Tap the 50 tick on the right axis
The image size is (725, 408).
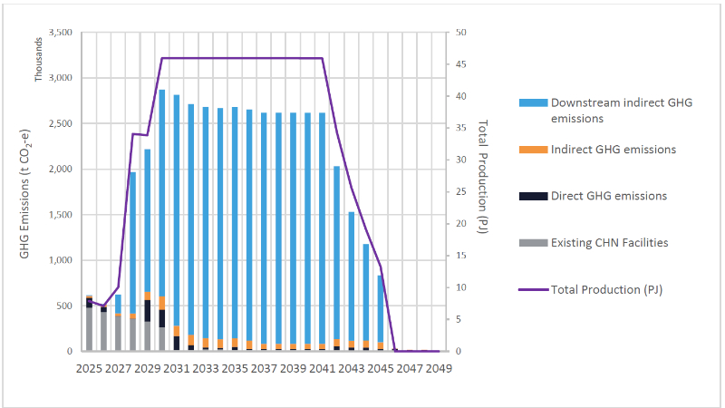(460, 33)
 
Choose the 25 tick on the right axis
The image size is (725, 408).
(460, 192)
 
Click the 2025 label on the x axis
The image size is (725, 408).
(89, 369)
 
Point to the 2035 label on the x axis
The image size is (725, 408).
(235, 369)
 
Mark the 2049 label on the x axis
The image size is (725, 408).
(438, 369)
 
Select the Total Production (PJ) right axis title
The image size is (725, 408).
(483, 176)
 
